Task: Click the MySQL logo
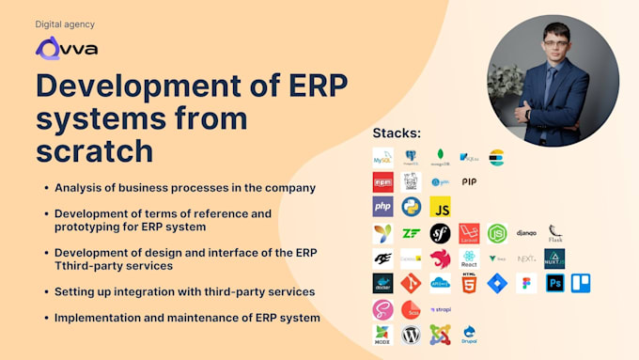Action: (382, 157)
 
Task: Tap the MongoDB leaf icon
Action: (440, 157)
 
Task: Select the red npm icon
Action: (382, 181)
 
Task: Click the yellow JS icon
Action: (440, 207)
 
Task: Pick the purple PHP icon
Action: (382, 207)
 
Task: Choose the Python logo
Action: (411, 207)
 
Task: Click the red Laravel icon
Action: (469, 233)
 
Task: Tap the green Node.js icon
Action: (497, 233)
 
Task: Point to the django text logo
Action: (526, 233)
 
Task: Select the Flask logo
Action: (555, 233)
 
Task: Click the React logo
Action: (469, 258)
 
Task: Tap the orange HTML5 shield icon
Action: (469, 283)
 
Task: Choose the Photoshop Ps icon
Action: (554, 283)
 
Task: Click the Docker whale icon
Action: (382, 283)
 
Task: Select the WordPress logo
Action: (411, 334)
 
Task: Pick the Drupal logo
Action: (469, 334)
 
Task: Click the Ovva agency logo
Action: (66, 48)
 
